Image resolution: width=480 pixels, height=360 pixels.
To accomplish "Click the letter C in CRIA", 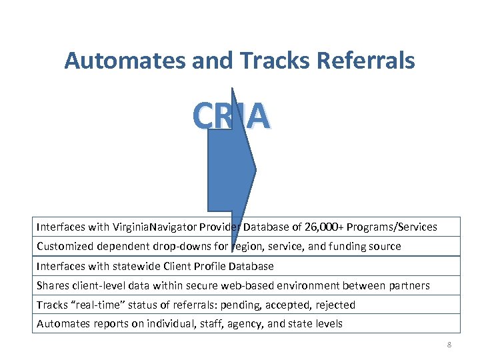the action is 203,116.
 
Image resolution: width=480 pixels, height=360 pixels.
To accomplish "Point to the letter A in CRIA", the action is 259,116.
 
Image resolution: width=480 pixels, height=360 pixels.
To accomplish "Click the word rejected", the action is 333,305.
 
